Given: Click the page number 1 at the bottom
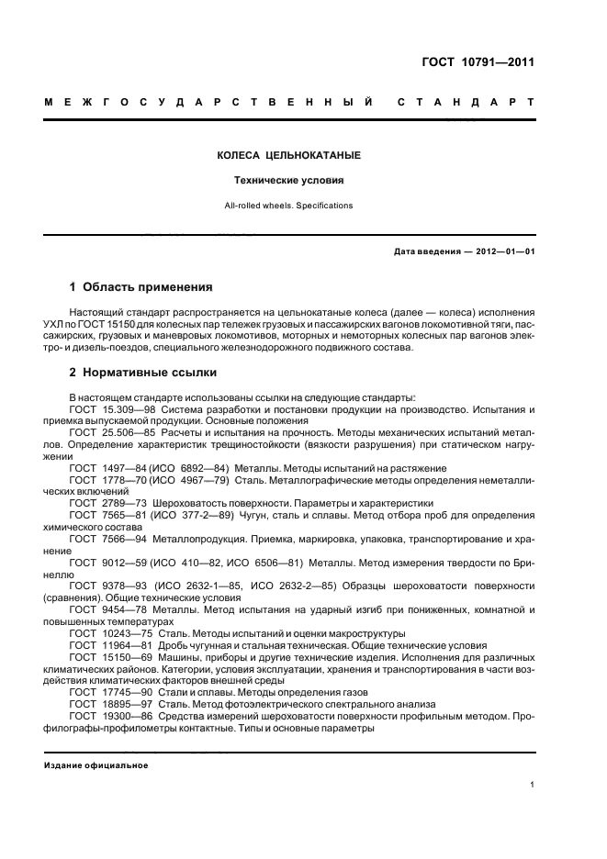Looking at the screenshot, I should coord(533,785).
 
